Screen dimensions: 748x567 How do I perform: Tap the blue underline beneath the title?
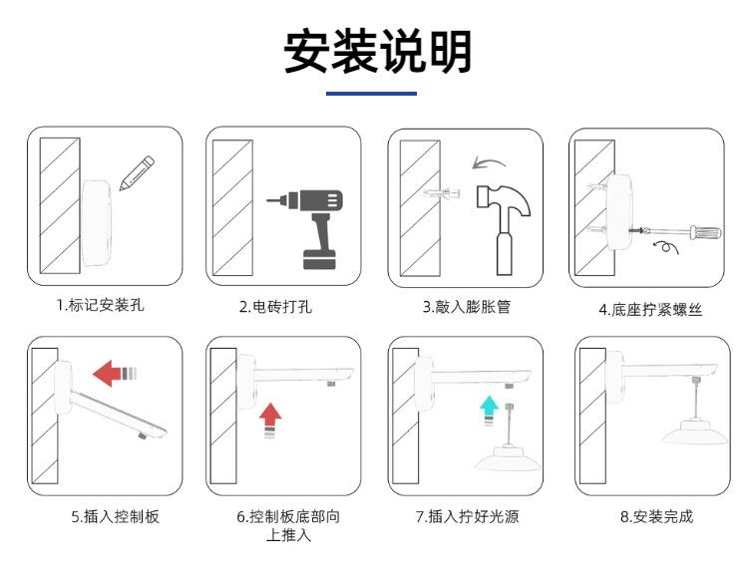tap(372, 94)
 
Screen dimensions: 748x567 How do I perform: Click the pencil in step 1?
tap(138, 172)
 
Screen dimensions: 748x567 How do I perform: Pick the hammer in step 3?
tap(504, 225)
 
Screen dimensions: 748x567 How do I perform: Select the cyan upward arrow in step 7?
tap(488, 407)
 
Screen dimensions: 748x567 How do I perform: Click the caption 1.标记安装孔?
tap(100, 306)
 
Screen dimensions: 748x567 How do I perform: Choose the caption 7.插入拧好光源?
tap(467, 516)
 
